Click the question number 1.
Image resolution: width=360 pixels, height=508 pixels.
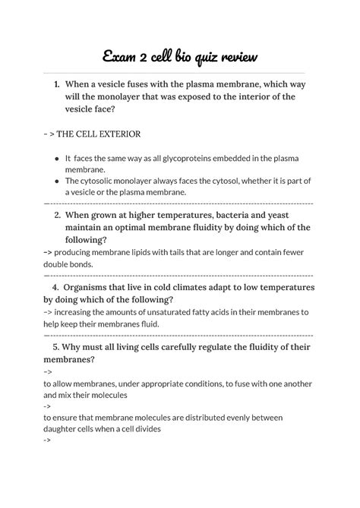57,84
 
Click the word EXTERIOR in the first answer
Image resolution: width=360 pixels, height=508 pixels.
115,134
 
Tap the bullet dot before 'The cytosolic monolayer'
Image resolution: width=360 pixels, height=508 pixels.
57,181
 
